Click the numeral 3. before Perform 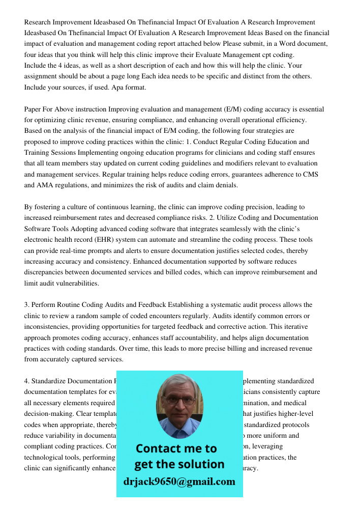27,305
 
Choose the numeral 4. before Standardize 27,381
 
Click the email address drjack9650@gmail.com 179,482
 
